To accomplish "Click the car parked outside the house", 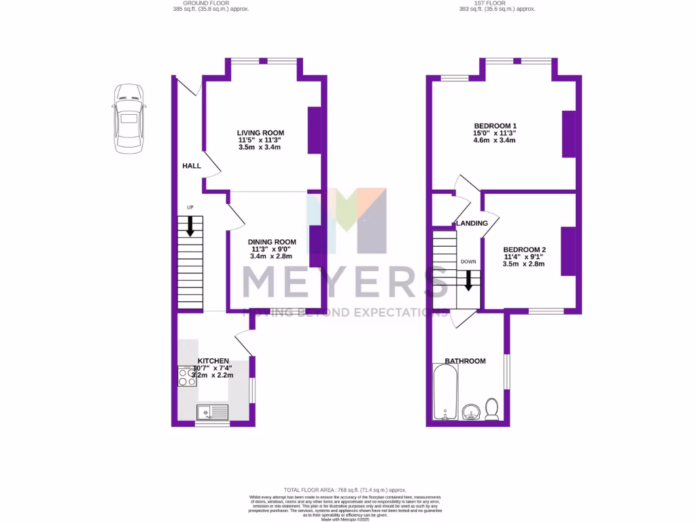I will pos(128,120).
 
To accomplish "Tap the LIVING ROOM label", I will pos(260,133).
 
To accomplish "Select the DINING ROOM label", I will pos(272,242).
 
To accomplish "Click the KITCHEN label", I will pos(213,360).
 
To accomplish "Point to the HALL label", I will pos(191,166).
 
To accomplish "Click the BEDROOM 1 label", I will pos(495,126).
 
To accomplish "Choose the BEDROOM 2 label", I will pos(524,249).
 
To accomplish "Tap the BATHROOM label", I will pos(465,361).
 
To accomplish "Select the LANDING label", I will pos(472,223).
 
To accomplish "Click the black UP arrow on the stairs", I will pos(190,226).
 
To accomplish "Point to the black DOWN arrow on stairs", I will pos(468,280).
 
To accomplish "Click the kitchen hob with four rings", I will pos(187,377).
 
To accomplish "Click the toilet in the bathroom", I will pos(493,409).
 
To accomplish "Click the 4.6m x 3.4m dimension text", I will pos(495,141).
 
